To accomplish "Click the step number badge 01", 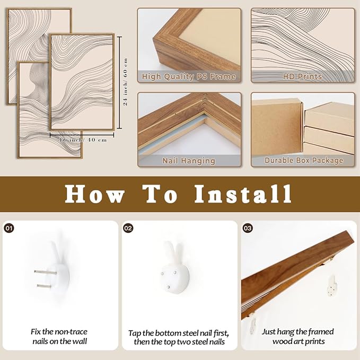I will click(8, 228).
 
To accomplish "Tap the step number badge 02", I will click(128, 228).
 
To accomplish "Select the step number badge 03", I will click(248, 228).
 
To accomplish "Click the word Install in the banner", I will click(243, 194).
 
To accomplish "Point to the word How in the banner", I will click(94, 194).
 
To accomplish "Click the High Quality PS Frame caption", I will click(189, 77).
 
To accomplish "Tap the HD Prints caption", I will click(302, 77).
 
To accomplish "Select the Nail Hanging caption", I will click(189, 160).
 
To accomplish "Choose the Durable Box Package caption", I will click(302, 160).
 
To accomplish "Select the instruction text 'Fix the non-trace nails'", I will click(59, 337).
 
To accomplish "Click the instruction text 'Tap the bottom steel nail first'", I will click(179, 337).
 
